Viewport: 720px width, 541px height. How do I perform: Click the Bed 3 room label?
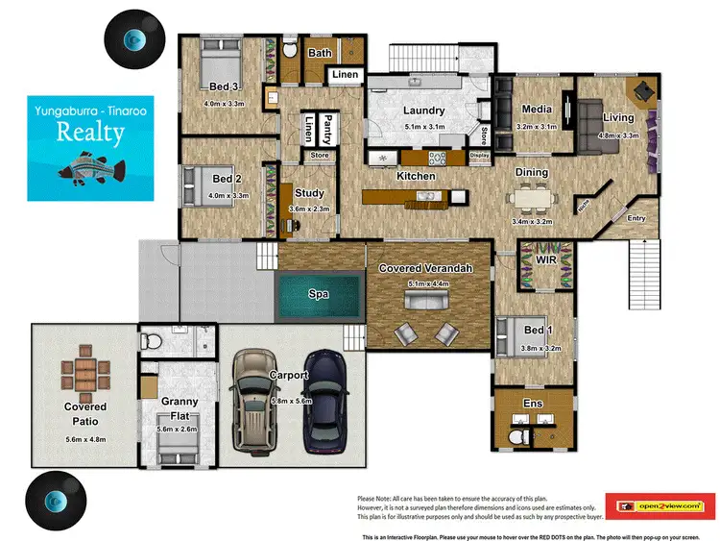click(x=224, y=86)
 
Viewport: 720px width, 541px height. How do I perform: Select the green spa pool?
click(x=318, y=295)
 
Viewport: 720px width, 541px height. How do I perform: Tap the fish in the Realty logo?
click(x=91, y=171)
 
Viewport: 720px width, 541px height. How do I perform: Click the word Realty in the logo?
click(x=90, y=132)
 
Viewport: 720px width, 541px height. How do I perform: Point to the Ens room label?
click(x=532, y=404)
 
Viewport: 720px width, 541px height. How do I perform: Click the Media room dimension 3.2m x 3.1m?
click(x=535, y=126)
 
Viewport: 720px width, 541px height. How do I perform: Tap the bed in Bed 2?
click(x=205, y=180)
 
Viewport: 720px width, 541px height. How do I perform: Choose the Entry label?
click(x=636, y=218)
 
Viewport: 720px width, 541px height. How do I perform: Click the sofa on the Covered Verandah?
click(x=426, y=302)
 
